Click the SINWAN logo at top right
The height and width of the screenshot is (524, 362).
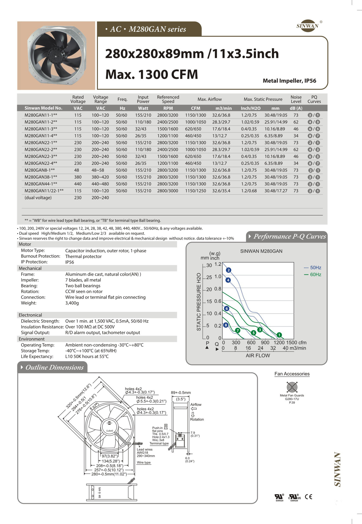click(308, 26)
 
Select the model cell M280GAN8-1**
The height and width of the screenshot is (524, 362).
click(40, 170)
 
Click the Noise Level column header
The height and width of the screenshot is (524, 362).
click(296, 99)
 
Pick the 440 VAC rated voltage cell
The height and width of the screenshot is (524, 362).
click(78, 184)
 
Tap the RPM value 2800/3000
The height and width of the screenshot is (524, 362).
click(167, 191)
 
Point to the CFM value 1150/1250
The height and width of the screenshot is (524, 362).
click(195, 191)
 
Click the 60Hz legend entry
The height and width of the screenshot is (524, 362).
click(313, 275)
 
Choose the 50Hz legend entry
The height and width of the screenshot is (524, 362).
click(313, 268)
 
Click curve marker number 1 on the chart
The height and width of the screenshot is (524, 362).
click(279, 335)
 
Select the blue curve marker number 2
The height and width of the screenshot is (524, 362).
click(229, 270)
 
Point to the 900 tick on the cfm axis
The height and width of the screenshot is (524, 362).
click(265, 343)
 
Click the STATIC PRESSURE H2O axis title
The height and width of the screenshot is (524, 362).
click(199, 302)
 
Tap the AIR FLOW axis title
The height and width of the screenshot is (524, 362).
click(258, 356)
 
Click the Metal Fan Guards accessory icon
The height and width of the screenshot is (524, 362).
click(292, 387)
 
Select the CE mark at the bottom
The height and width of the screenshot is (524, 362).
click(308, 497)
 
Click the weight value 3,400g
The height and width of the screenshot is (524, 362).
click(72, 303)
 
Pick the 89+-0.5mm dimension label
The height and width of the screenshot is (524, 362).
click(181, 393)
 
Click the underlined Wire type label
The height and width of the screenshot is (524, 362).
click(144, 462)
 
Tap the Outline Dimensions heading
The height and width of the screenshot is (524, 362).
click(54, 367)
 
